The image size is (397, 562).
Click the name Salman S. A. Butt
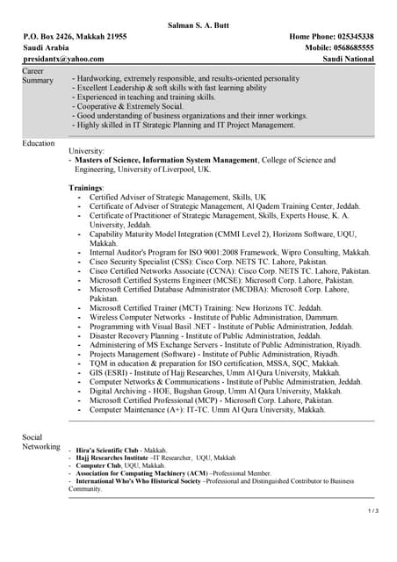198,25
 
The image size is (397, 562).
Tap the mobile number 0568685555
349,47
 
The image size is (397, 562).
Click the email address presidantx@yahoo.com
63,59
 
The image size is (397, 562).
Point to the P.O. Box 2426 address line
75,37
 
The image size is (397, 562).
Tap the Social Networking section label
40,442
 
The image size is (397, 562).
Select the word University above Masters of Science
86,151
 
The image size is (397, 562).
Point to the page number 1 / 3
372,510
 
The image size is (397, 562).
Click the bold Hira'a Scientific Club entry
115,450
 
